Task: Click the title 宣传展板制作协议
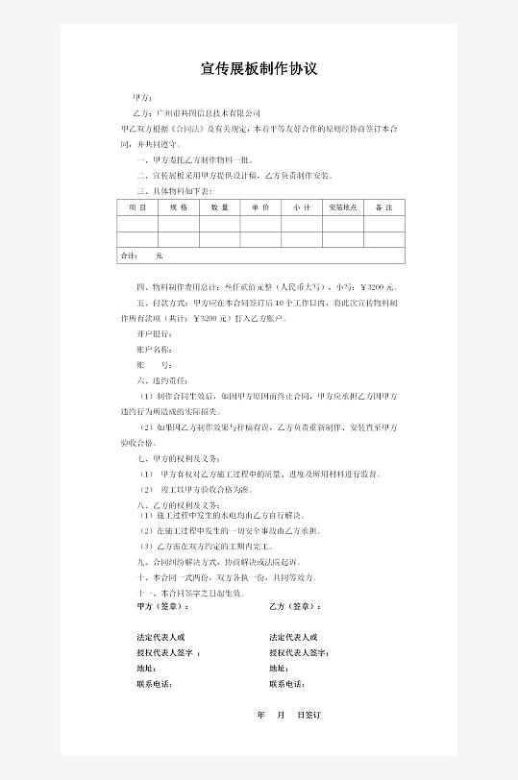[x=259, y=69]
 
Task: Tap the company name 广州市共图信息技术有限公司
[x=209, y=113]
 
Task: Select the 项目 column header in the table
[x=136, y=207]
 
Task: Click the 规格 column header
[x=179, y=207]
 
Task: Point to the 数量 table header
[x=219, y=207]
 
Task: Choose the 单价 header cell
[x=260, y=207]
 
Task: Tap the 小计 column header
[x=302, y=207]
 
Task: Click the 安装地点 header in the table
[x=343, y=207]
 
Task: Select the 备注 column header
[x=383, y=207]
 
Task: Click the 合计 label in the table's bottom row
[x=128, y=256]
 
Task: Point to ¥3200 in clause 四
[x=376, y=287]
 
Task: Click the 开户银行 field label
[x=156, y=333]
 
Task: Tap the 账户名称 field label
[x=156, y=350]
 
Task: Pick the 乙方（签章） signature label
[x=295, y=607]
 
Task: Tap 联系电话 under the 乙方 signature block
[x=287, y=684]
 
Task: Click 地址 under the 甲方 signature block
[x=147, y=669]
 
